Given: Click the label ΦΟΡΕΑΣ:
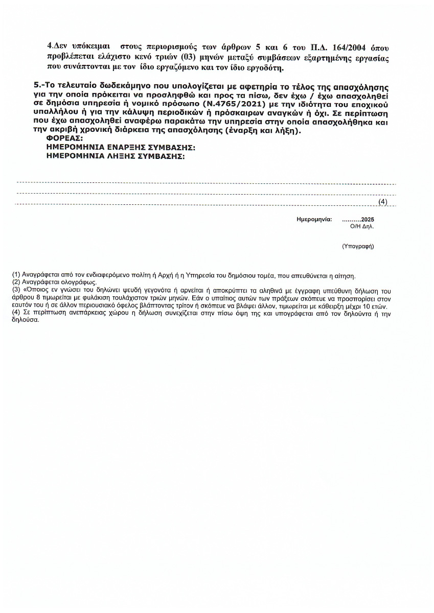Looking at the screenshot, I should point(63,138).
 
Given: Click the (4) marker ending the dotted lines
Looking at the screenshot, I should point(383,202).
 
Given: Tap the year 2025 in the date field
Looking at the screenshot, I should point(367,219).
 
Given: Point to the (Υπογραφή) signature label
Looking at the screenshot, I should point(358,246).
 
